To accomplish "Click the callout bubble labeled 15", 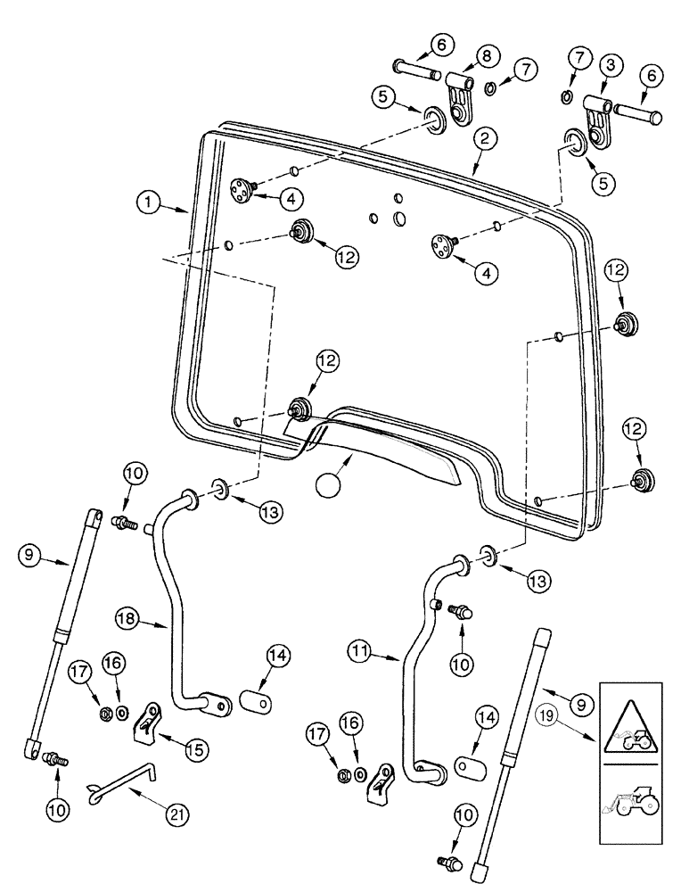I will [x=193, y=744].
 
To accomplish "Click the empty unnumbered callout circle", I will [x=328, y=486].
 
